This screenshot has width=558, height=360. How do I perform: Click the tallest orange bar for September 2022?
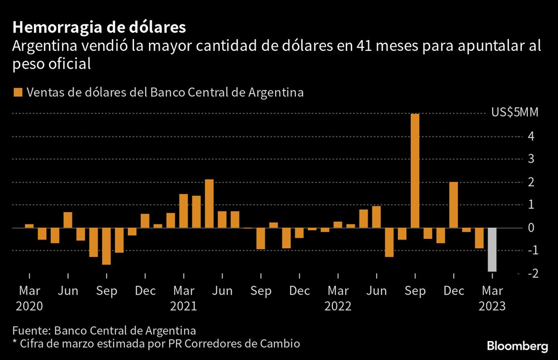415,171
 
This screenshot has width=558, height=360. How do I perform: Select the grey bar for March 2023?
492,249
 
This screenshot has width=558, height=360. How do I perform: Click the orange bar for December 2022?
453,205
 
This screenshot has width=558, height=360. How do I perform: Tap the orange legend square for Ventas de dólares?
18,93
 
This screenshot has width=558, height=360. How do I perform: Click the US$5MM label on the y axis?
514,113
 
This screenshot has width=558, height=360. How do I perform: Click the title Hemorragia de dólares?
99,27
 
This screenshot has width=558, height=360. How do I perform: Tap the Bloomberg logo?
517,347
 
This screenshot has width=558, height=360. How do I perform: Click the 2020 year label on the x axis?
30,306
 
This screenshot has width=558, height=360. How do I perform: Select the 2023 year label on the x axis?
492,306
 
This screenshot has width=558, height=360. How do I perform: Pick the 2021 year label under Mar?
184,306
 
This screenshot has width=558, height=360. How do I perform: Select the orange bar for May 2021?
209,204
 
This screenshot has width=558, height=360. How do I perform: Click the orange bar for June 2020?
68,220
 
